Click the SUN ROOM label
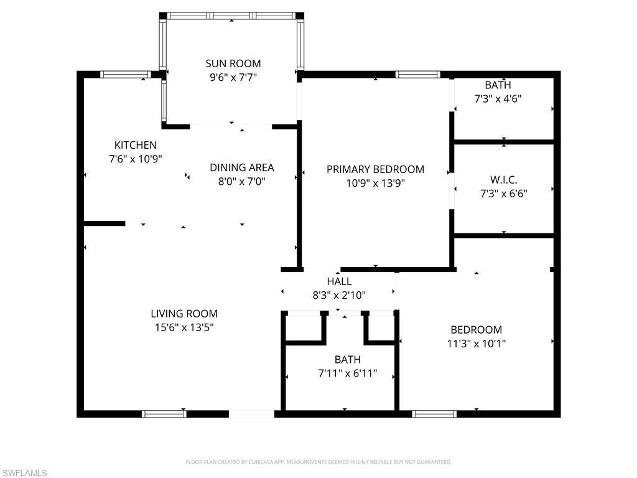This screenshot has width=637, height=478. (233, 63)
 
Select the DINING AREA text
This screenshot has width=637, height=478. (241, 167)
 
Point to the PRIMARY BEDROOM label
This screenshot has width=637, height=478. (375, 169)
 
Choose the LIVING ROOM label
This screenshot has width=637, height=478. (184, 314)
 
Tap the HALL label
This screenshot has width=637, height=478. (339, 281)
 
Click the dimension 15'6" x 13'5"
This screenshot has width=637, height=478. (184, 327)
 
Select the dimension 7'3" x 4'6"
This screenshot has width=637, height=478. (498, 98)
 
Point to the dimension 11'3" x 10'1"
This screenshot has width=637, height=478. (476, 344)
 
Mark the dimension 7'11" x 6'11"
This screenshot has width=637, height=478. (347, 373)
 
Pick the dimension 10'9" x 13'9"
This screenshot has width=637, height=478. (375, 183)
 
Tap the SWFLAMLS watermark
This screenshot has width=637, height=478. (24, 473)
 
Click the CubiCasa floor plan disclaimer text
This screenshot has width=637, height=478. (318, 462)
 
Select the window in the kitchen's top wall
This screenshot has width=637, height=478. (126, 75)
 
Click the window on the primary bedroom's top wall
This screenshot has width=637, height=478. (418, 75)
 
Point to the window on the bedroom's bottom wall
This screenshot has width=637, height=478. (434, 413)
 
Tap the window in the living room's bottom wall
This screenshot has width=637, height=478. (164, 413)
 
